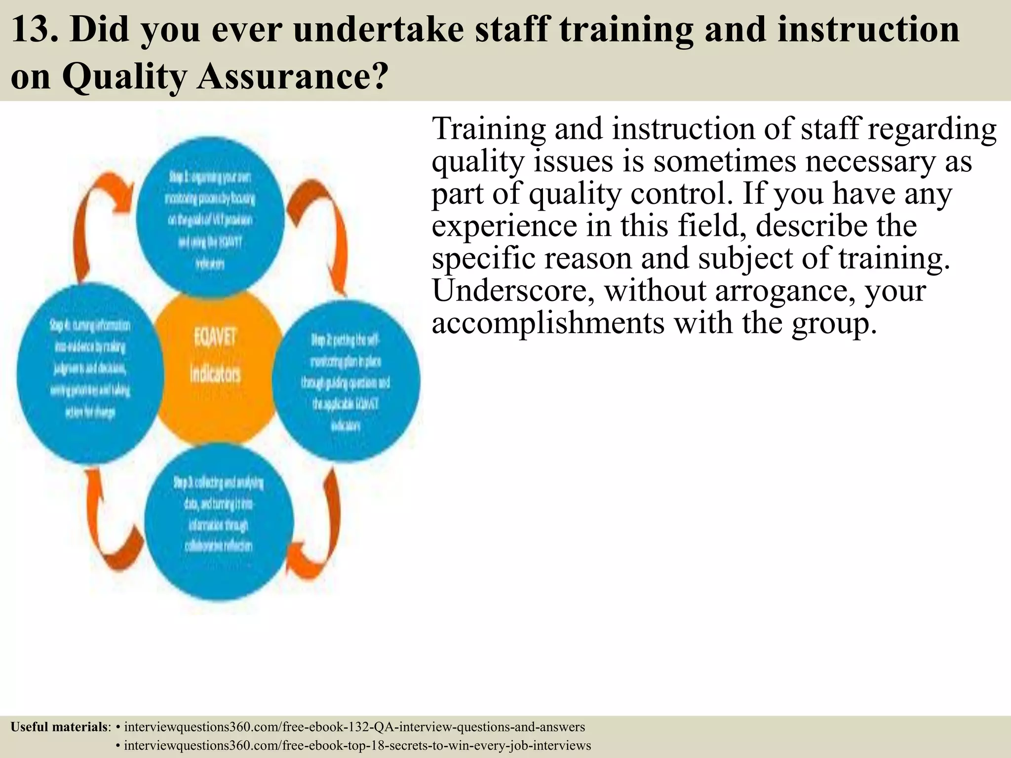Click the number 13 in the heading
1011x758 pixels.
click(x=31, y=30)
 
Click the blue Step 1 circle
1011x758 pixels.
click(x=210, y=217)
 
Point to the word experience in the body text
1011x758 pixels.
click(x=504, y=226)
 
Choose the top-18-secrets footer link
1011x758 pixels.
click(x=357, y=745)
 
